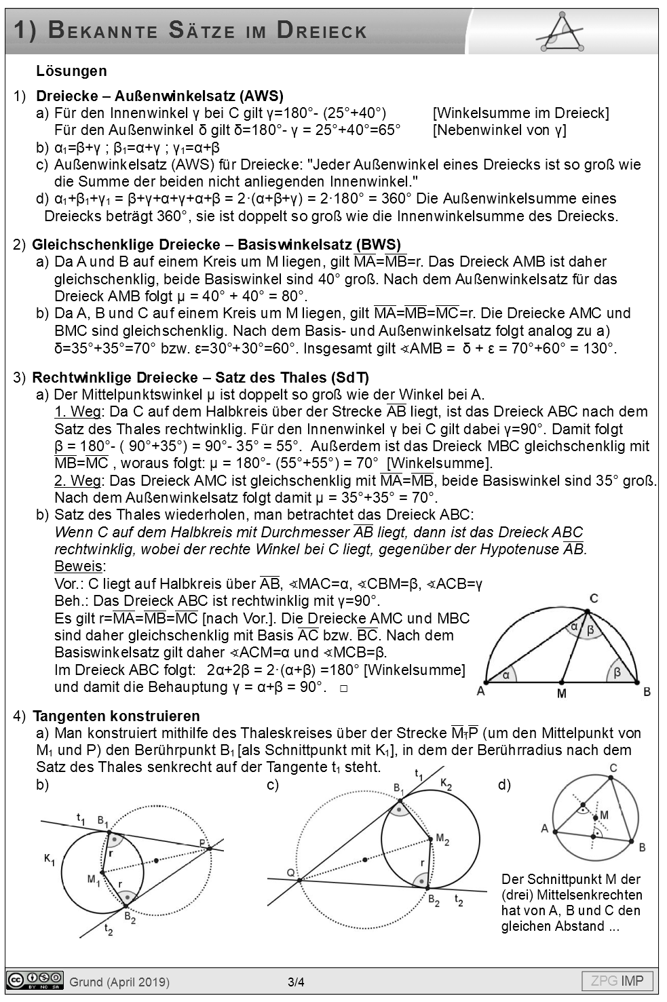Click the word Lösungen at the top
point(71,71)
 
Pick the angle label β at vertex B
point(617,672)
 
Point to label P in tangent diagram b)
point(203,843)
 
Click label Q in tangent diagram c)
point(291,872)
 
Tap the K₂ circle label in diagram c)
point(446,784)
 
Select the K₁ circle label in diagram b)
point(50,860)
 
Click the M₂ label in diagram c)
point(442,840)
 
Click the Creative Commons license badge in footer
point(35,981)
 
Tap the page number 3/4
point(296,982)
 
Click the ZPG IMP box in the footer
point(617,981)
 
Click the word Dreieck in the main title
point(322,31)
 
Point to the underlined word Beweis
point(78,566)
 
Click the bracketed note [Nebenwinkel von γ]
point(499,130)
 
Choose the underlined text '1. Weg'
point(78,412)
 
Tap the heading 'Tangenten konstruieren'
point(116,716)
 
